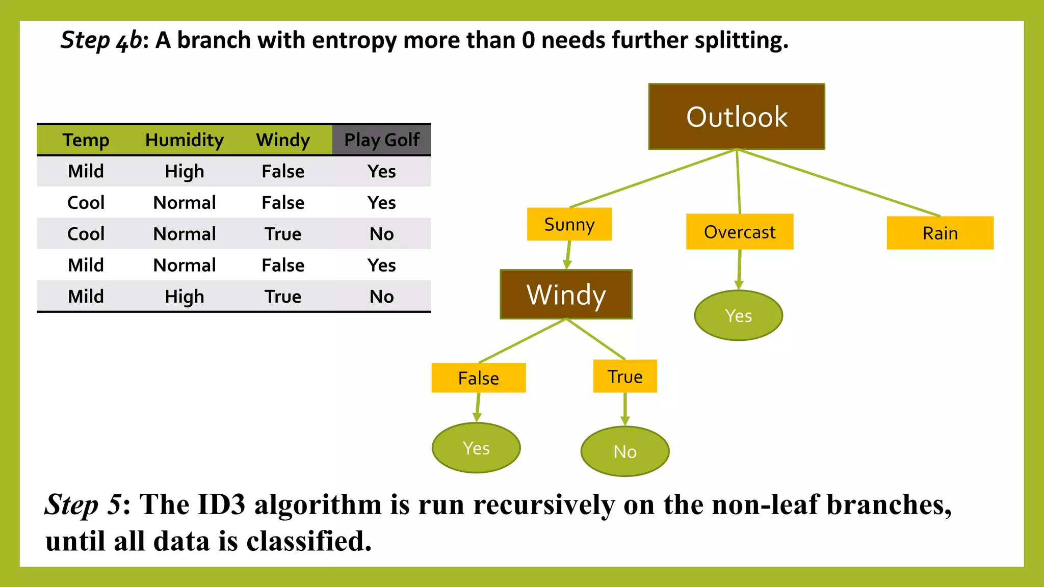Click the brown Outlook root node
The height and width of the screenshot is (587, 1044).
tap(737, 117)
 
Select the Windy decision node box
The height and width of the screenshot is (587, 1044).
tap(566, 295)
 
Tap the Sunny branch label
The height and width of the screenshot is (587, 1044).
tap(569, 224)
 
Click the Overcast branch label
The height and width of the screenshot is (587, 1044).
tap(739, 232)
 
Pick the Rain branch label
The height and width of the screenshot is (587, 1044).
tap(939, 233)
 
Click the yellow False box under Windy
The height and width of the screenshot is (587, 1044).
tap(478, 378)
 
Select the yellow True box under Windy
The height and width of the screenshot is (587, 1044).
tap(624, 377)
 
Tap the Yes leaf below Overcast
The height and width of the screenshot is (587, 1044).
tap(738, 315)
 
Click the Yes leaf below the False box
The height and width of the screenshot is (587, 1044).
tap(476, 448)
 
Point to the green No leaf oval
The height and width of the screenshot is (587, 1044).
tap(624, 451)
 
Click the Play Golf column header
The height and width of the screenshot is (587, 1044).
tap(381, 140)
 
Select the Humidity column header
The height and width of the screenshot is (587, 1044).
tap(184, 140)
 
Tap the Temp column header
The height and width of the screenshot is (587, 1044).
tap(86, 140)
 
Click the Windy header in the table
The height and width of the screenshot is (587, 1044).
tap(283, 140)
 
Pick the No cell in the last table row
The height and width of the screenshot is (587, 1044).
tap(381, 296)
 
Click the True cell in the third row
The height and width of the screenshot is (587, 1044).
tap(283, 234)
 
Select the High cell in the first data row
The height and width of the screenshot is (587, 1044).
tap(184, 171)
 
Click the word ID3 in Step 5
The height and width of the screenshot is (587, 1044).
tap(221, 504)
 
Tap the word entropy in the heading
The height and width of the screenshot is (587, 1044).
tap(354, 40)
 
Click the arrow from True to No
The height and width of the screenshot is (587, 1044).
tap(624, 409)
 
